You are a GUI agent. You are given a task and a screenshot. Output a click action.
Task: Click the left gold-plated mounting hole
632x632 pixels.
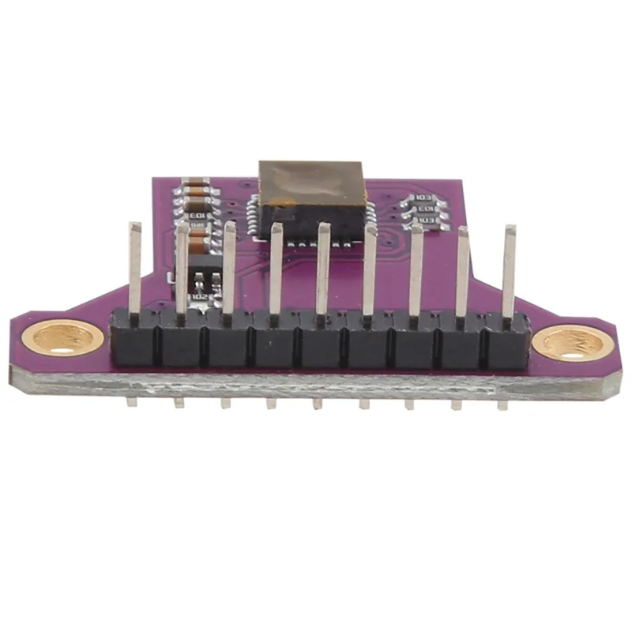(67, 339)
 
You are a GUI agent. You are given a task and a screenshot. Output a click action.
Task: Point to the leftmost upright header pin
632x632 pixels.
(135, 269)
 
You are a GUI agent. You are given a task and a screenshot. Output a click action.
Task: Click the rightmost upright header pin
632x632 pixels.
(510, 269)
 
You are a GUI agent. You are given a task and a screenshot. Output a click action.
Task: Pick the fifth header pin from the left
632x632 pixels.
(323, 269)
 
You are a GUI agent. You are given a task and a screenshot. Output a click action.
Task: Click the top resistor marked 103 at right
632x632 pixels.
(424, 197)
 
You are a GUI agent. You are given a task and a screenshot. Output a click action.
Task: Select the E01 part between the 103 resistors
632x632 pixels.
(424, 209)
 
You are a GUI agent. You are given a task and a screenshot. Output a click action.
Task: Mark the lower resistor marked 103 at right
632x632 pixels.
(427, 220)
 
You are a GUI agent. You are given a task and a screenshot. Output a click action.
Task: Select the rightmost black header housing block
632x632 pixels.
(508, 341)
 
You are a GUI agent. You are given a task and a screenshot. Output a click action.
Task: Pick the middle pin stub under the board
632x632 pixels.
(317, 404)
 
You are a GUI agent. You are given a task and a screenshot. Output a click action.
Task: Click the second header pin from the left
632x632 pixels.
(182, 269)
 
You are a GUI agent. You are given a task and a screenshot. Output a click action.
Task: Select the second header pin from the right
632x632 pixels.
(462, 269)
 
